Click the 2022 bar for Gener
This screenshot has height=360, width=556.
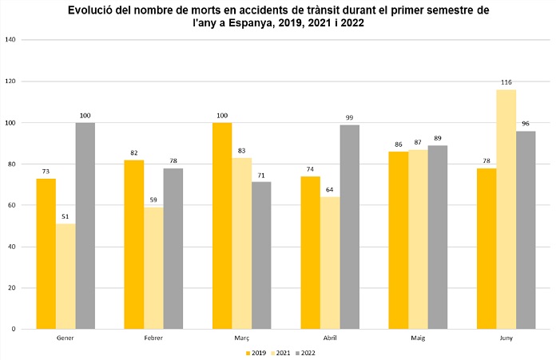click(85, 226)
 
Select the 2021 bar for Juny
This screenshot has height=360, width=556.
click(506, 209)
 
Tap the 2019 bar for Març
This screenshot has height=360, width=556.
click(222, 226)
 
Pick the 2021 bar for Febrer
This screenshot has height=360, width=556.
click(153, 268)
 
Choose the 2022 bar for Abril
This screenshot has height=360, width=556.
click(349, 227)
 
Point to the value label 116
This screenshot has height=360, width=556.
click(506, 82)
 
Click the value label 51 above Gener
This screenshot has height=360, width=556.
click(66, 216)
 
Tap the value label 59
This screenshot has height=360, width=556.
click(153, 200)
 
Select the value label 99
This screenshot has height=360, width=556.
click(349, 117)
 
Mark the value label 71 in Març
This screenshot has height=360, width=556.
click(261, 175)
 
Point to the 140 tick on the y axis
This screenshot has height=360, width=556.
click(11, 40)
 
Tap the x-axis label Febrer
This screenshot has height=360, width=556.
click(153, 338)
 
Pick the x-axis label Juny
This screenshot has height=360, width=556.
click(506, 338)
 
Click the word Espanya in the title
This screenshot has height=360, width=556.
click(231, 24)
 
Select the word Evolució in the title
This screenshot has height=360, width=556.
click(95, 10)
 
